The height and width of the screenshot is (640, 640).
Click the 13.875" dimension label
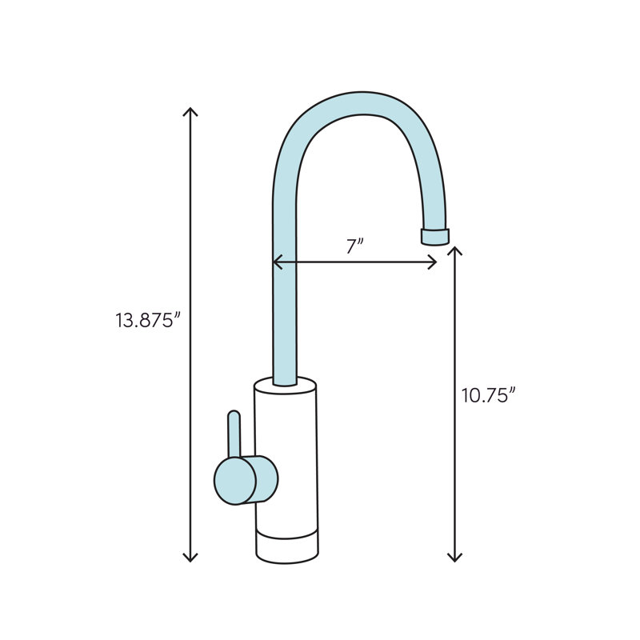(x=149, y=321)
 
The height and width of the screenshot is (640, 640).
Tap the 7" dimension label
(x=355, y=246)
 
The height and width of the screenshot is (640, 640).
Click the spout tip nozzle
(x=434, y=236)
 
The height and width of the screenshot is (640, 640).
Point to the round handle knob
(x=234, y=481)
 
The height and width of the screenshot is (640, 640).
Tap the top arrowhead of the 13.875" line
(x=190, y=110)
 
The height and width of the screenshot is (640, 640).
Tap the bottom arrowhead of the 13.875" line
(x=190, y=557)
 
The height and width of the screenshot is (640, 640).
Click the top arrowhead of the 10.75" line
(x=455, y=250)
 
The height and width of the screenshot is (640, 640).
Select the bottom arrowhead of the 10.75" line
(x=455, y=557)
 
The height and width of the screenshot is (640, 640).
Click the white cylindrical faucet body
(x=288, y=456)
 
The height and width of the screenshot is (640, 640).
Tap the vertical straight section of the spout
(x=285, y=304)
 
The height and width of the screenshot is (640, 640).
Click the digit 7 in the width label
(x=351, y=247)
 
